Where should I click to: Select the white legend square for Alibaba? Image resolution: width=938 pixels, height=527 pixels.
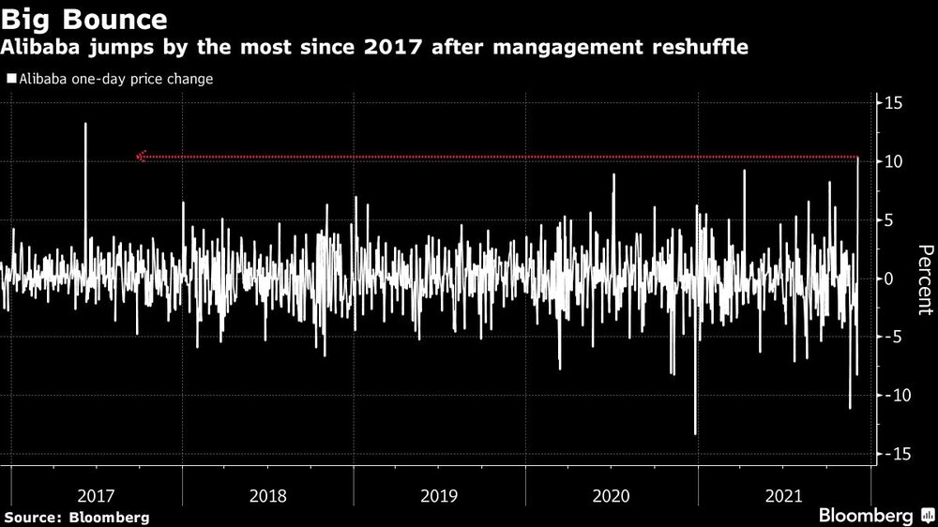coord(10,80)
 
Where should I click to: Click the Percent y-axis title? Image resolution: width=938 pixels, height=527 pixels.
coord(925,279)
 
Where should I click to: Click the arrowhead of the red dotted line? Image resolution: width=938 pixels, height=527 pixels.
coord(141,157)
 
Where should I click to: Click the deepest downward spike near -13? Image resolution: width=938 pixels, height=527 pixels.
coord(695,433)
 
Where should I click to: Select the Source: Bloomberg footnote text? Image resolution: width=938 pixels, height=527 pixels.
coord(76,517)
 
